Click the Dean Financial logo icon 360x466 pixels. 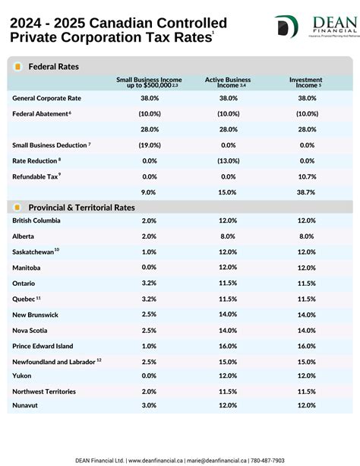click(286, 27)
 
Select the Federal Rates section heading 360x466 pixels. click(53, 67)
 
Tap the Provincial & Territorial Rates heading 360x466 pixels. click(81, 207)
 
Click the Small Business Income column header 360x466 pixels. click(148, 82)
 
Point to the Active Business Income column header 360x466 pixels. click(228, 82)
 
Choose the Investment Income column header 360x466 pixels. click(306, 82)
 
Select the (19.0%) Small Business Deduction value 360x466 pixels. click(149, 144)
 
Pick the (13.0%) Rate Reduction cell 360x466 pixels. click(228, 160)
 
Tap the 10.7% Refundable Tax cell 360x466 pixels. click(307, 176)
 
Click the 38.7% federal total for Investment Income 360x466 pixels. click(307, 192)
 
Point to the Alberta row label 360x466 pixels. click(24, 236)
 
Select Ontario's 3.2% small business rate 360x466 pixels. click(149, 283)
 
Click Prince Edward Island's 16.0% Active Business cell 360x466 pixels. click(228, 346)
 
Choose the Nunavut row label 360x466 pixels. click(26, 405)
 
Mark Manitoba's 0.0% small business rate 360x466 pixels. click(149, 268)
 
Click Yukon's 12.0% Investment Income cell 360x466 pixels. click(307, 376)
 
